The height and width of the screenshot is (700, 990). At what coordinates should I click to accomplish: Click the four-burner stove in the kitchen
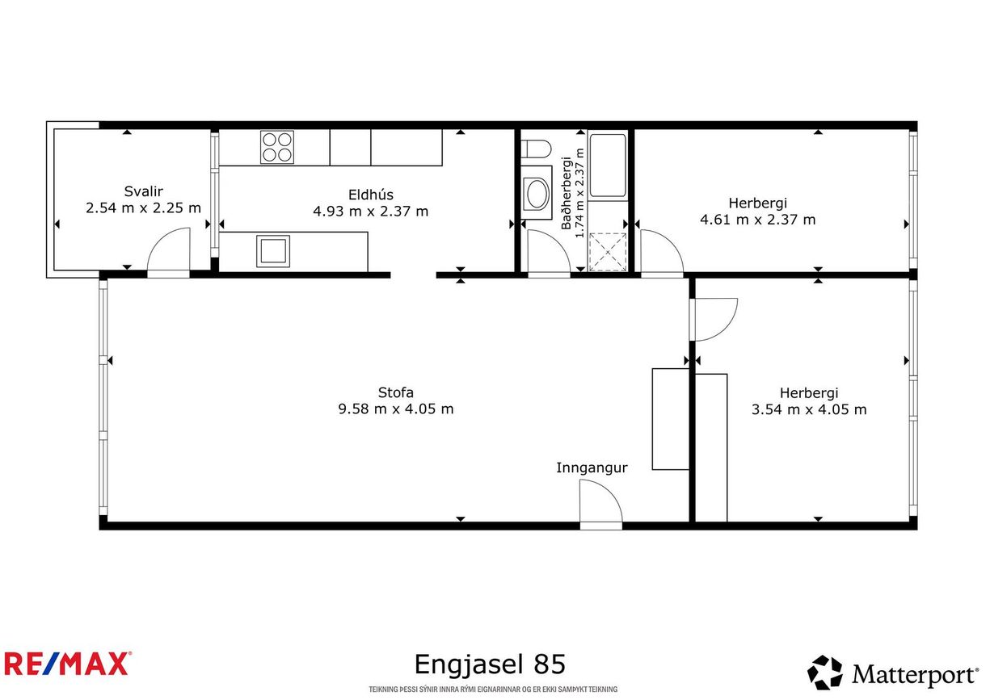tap(277, 147)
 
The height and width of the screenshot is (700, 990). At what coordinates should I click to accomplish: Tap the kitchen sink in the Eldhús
tap(273, 251)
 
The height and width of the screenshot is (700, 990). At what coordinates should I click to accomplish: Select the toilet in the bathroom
tap(536, 149)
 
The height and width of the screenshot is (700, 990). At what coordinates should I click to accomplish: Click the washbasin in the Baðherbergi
tap(536, 193)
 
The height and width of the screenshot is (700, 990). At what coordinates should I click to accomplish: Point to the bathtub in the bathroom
tap(608, 166)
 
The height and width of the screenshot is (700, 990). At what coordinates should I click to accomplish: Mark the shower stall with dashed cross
tap(608, 252)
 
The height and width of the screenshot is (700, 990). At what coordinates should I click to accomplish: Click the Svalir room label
tap(143, 191)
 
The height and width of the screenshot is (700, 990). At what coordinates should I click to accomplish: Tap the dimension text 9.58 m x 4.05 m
tap(396, 409)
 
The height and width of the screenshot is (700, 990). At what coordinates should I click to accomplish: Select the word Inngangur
tap(592, 467)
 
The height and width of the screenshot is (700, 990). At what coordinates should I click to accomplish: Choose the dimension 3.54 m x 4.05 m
tap(809, 409)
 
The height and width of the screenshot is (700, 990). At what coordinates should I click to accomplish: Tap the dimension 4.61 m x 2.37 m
tap(757, 220)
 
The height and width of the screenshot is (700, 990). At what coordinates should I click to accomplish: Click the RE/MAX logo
tap(67, 664)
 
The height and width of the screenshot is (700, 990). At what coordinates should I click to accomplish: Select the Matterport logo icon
tap(824, 673)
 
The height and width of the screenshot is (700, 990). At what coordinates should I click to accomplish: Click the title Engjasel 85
tap(490, 664)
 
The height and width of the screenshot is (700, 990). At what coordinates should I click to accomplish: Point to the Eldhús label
tap(370, 195)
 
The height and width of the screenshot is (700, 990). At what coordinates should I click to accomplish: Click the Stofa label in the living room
tap(395, 392)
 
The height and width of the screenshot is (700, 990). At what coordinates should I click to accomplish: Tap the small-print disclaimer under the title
tap(493, 690)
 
